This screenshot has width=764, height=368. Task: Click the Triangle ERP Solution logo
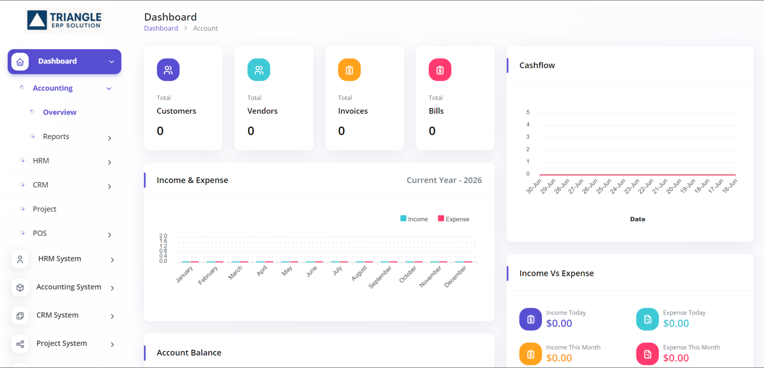coord(64,21)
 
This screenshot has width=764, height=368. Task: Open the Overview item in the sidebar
coord(60,112)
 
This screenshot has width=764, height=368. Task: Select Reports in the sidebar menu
coord(56,137)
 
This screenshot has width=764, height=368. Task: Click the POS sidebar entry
coord(40,233)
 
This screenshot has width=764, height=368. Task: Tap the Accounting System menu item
coord(69,287)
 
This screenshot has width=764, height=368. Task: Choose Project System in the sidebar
coord(62,344)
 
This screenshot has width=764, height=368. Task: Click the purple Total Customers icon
coord(168,70)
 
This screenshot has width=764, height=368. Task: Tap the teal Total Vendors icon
coord(259,70)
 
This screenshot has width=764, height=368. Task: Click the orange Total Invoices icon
coord(349,70)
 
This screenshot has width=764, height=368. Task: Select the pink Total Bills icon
coord(440,70)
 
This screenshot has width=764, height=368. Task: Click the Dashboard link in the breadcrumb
coord(161,28)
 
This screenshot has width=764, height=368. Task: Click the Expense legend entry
coord(454,219)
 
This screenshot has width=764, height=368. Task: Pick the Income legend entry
coord(414,219)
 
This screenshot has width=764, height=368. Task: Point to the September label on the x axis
coord(380,277)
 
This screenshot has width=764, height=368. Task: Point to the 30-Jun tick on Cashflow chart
coord(534,186)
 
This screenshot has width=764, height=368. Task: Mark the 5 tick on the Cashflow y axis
coord(528,112)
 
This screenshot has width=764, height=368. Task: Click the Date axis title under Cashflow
coord(637,219)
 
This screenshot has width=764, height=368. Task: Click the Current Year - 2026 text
coord(444,180)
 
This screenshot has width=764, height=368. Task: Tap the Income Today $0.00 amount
coord(559,323)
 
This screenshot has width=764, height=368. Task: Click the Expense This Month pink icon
coord(647,354)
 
